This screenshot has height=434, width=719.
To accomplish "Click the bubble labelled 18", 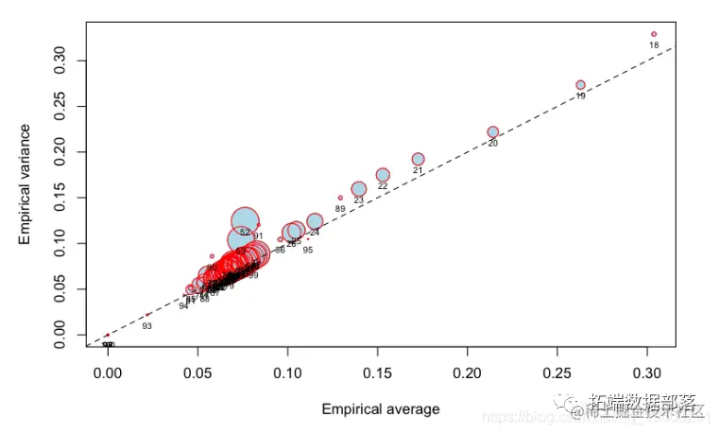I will [653, 34].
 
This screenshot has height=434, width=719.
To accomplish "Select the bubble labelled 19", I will [580, 85].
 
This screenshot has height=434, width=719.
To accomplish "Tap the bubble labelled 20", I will [492, 132].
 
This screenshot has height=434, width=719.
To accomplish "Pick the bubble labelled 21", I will [418, 160].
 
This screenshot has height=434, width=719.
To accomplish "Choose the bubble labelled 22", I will [383, 175].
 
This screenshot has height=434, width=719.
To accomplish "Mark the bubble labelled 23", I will [358, 189].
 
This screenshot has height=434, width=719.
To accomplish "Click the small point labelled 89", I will [340, 198].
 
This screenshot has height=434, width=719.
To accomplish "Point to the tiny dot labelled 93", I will [147, 315].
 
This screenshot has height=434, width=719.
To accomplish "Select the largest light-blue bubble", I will [246, 220].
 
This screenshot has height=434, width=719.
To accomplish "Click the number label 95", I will [308, 250].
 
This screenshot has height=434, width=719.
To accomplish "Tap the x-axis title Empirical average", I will [380, 409].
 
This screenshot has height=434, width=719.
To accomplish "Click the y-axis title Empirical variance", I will [26, 183].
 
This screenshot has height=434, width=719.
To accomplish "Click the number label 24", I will [315, 233].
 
